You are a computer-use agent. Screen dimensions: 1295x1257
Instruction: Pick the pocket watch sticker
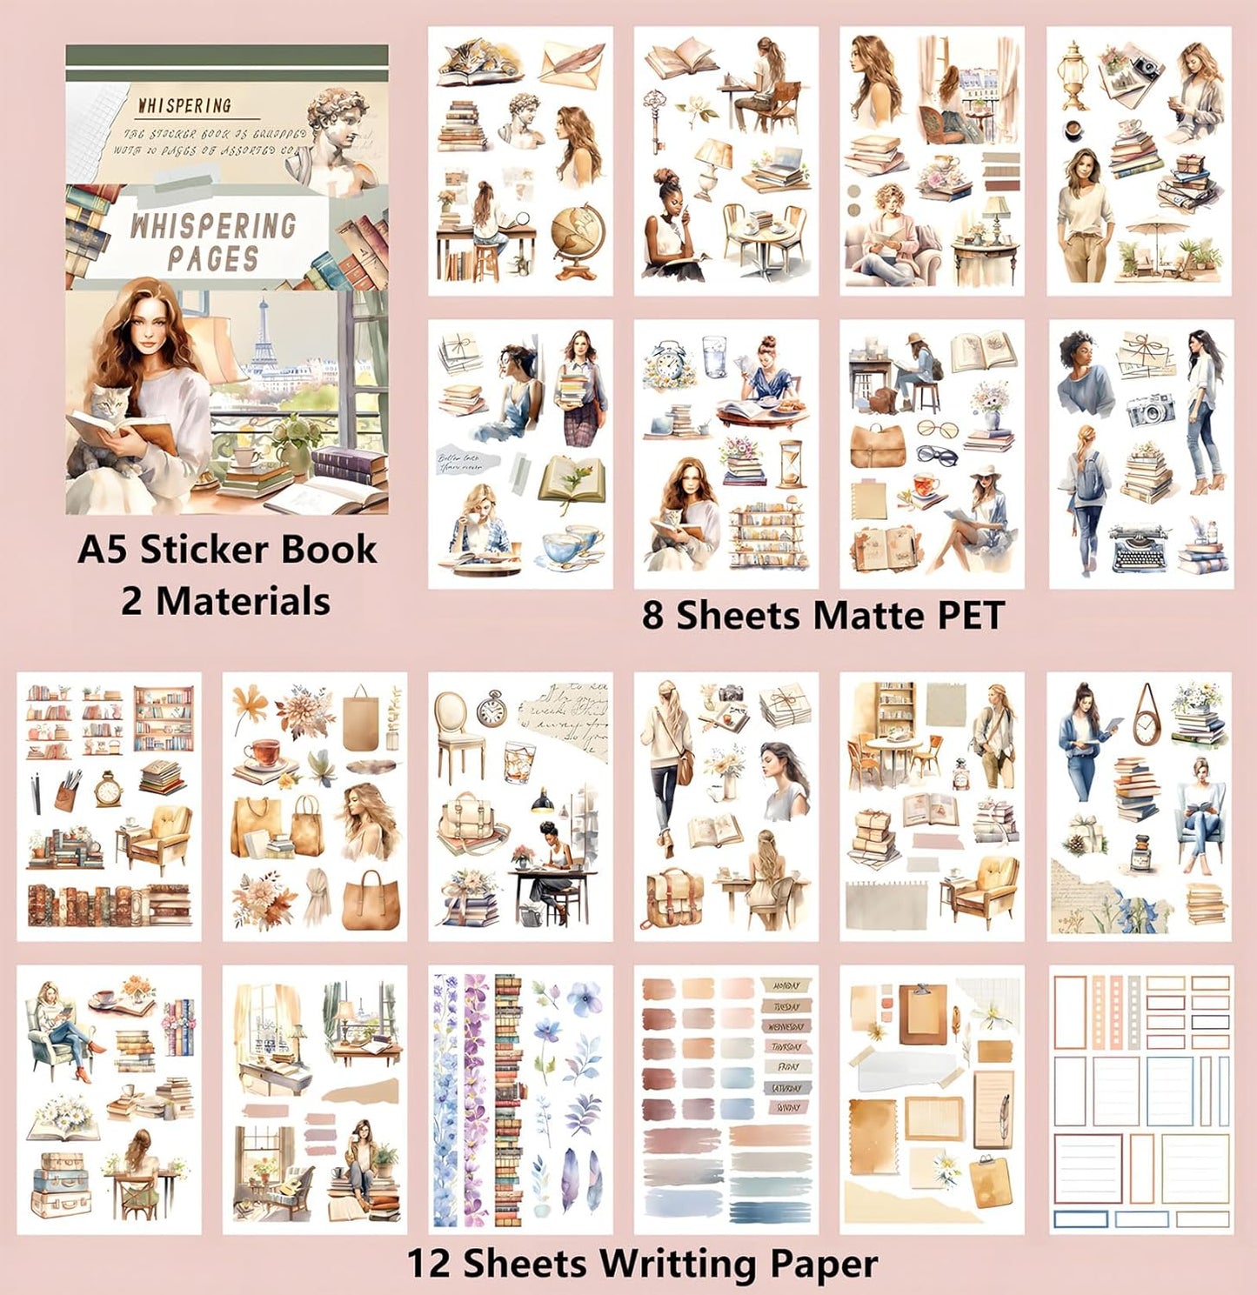pos(491,711)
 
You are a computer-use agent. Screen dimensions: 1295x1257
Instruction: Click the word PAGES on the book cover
pos(213,258)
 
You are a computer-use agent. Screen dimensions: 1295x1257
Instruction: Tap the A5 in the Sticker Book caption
pos(104,550)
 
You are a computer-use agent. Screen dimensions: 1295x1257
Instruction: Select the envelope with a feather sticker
pos(571,61)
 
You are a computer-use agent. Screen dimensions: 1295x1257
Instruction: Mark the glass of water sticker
pos(715,356)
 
